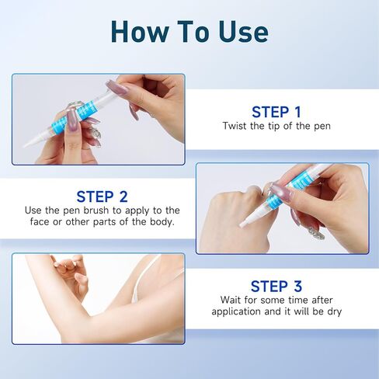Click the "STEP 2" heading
(102, 196)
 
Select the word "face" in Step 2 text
(37, 223)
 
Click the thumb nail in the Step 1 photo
(116, 88)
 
